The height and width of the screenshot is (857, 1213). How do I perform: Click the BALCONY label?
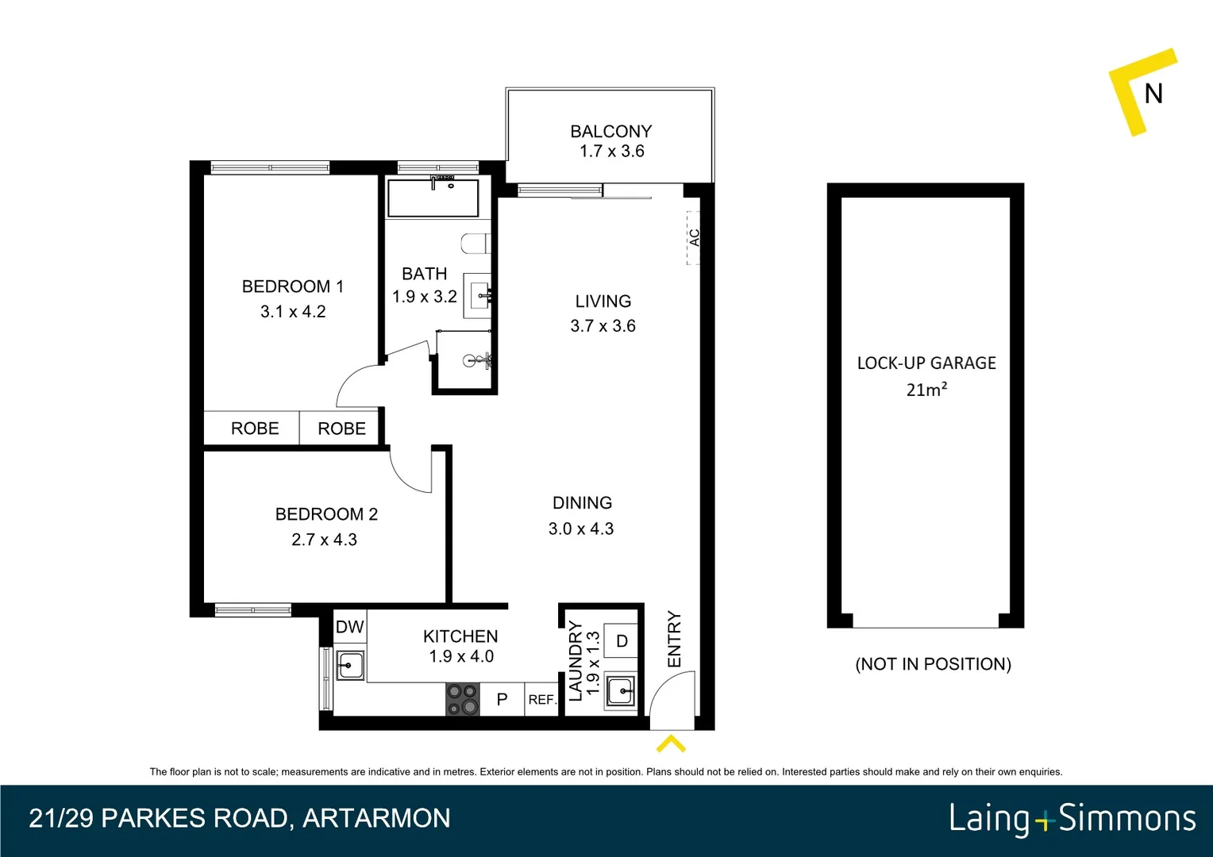point(610,131)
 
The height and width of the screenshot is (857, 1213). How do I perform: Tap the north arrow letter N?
point(1153,94)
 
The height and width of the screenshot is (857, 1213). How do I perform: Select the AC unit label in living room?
point(694,237)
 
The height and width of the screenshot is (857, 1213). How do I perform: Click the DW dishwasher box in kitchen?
point(349,627)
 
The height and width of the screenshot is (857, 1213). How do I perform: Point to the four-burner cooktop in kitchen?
point(463,699)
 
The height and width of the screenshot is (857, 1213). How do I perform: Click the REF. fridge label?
point(542,699)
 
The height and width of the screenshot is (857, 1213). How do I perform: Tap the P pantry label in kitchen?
point(502,699)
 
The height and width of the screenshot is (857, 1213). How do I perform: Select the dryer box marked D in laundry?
point(622,641)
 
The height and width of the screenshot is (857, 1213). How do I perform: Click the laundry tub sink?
point(621,691)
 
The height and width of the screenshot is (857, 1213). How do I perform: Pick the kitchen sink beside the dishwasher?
point(349,664)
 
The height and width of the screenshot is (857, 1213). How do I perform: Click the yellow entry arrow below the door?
point(671,744)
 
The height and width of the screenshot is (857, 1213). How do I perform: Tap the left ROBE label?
point(255,428)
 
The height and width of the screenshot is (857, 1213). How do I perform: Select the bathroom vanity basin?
point(479,296)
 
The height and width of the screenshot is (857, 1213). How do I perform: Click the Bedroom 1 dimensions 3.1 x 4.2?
point(293,312)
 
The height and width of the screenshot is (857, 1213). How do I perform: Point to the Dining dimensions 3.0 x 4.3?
point(581,529)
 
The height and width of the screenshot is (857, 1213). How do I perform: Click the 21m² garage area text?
point(926,390)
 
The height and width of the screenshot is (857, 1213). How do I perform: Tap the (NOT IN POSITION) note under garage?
point(933,664)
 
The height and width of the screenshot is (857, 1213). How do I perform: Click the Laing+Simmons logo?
point(1072,818)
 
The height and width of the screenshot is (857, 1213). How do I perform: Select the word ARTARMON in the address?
point(376,818)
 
